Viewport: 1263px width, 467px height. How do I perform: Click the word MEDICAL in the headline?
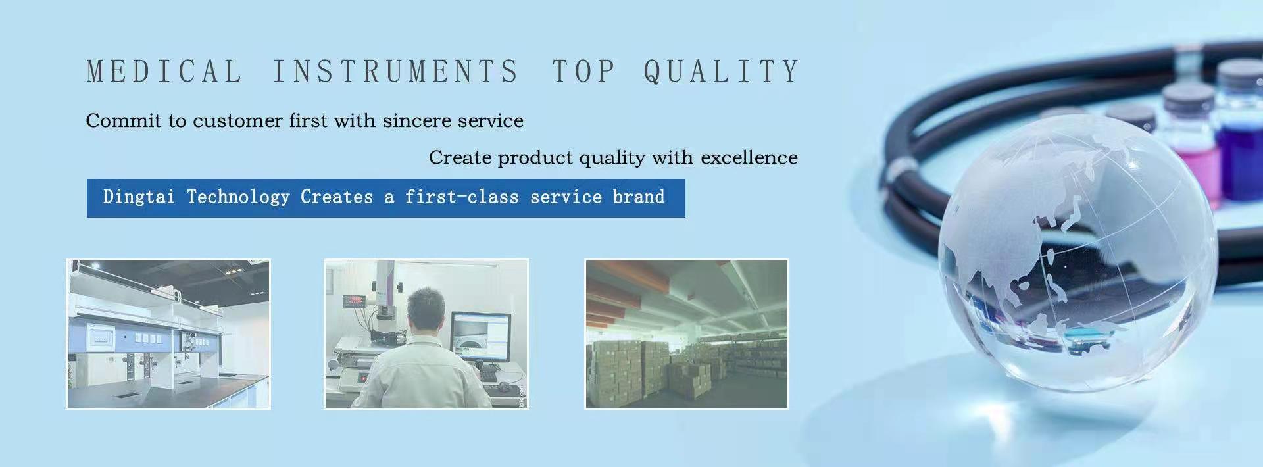click(164, 71)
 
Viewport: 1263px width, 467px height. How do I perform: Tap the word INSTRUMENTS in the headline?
click(396, 71)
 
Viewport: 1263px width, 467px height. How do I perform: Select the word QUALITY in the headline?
click(722, 71)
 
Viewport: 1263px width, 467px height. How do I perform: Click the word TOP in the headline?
click(583, 71)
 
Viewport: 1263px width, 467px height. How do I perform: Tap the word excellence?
click(749, 157)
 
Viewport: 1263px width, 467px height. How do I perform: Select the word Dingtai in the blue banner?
click(139, 197)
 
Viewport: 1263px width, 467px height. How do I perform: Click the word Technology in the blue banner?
click(238, 197)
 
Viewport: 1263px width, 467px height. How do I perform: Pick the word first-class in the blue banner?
click(462, 197)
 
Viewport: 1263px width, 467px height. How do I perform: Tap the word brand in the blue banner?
click(639, 197)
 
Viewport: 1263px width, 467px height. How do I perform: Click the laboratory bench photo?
click(168, 333)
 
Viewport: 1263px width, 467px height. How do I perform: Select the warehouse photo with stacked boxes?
click(687, 333)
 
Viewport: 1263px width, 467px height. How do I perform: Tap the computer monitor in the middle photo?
click(480, 335)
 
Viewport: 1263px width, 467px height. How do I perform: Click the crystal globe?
click(1076, 254)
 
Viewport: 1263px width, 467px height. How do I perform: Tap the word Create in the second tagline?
click(460, 157)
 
